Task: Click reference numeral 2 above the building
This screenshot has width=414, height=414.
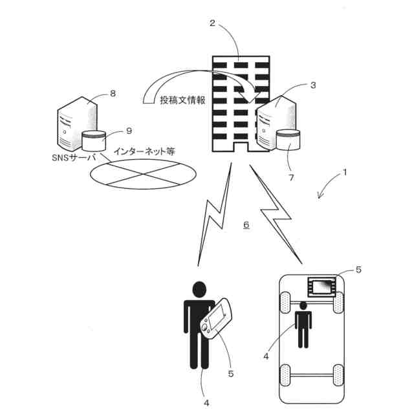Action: coord(213,24)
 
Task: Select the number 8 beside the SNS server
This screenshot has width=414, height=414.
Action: coord(113,93)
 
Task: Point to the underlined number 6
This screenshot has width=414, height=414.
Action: coord(246,225)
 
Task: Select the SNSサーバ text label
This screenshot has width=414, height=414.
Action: coord(73,157)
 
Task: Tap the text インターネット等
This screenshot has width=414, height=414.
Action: coord(144,151)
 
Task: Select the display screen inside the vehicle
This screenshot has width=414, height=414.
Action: coord(321,285)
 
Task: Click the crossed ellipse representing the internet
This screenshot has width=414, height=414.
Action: coord(142,172)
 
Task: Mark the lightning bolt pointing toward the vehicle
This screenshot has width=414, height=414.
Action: coord(277,213)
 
